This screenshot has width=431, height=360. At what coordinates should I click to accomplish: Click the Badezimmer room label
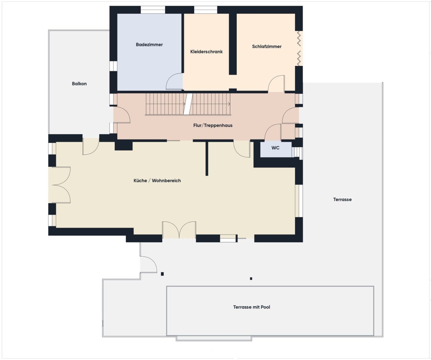tap(149, 45)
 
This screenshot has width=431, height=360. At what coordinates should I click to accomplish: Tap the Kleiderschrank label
tap(206, 52)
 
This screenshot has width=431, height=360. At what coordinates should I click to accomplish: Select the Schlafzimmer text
tap(267, 46)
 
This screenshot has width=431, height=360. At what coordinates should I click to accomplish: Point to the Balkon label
tap(79, 84)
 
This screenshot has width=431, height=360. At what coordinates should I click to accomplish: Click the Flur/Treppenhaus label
tap(213, 125)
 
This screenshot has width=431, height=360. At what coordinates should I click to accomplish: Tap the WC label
tap(275, 148)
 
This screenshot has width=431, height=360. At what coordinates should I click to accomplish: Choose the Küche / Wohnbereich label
tap(157, 181)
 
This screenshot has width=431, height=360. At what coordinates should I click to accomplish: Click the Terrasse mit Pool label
tap(252, 307)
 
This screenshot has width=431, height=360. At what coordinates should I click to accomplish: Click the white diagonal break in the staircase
tap(188, 104)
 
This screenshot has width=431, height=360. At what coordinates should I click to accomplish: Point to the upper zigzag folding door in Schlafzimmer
tap(299, 38)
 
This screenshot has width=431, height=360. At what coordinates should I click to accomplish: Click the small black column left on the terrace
tap(162, 274)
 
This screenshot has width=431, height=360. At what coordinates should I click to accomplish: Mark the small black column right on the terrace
tap(251, 279)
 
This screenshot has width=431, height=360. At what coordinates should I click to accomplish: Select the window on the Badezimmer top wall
tap(153, 10)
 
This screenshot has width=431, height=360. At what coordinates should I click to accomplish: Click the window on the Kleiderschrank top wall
tap(205, 10)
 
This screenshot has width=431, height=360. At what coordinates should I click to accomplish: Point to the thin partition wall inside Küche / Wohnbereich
tap(206, 158)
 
